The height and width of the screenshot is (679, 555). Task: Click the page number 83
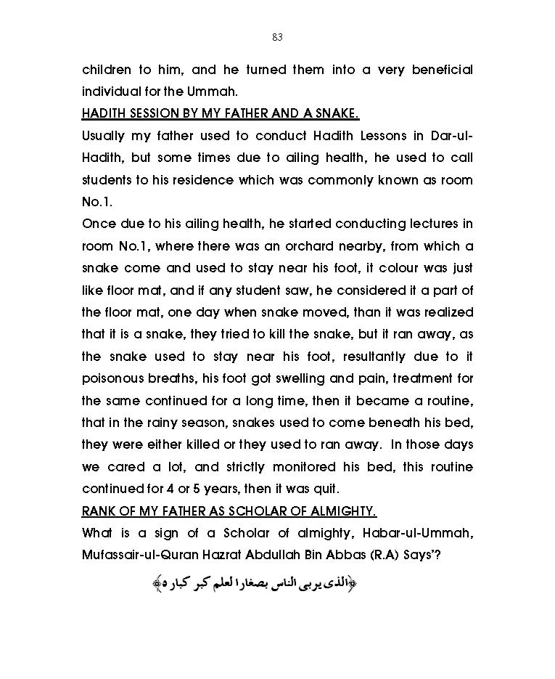click(x=277, y=37)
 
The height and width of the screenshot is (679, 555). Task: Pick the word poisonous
click(x=118, y=378)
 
